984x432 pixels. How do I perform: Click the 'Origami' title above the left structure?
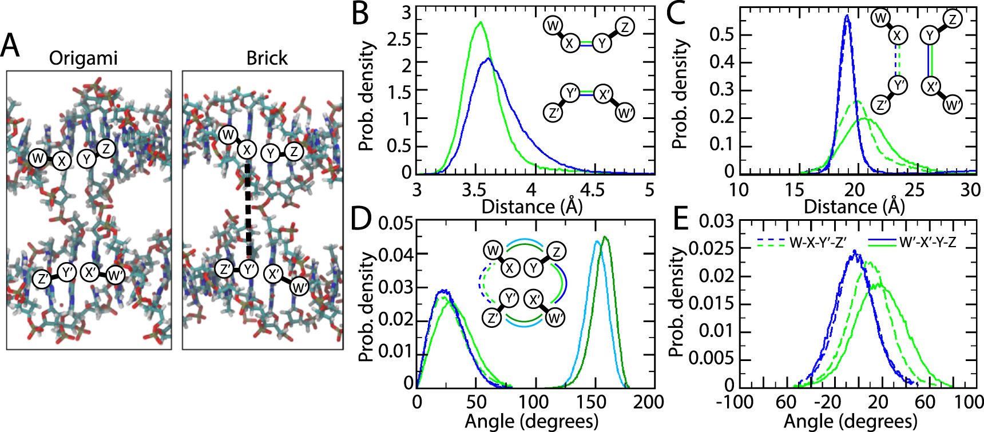pos(84,58)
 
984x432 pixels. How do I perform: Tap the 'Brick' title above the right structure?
pos(267,58)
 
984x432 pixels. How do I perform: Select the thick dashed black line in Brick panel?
pos(248,209)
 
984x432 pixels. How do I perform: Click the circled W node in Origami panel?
pos(38,158)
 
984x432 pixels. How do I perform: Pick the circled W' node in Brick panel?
pos(299,287)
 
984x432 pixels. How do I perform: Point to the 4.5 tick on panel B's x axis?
pos(592,189)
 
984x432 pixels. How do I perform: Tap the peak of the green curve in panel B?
pos(481,23)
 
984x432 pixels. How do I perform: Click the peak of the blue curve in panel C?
pos(847,16)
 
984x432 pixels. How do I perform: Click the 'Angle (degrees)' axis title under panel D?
pos(531,422)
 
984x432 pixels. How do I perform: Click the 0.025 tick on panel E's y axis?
pos(703,248)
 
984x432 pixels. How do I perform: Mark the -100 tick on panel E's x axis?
pos(735,401)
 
